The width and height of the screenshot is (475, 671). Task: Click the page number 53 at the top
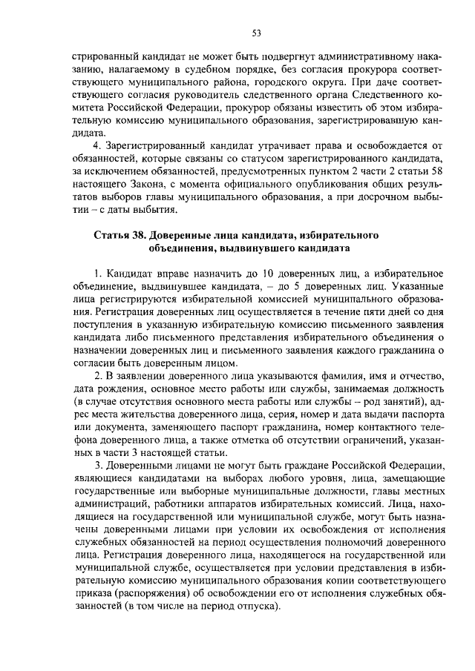(257, 33)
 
